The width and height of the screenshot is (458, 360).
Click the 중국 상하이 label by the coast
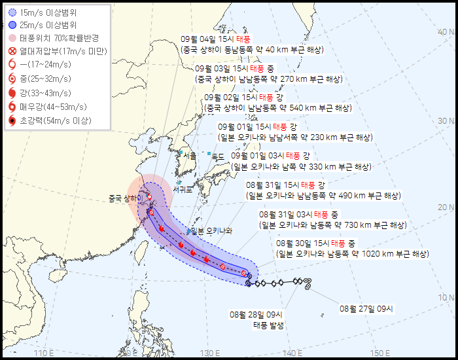[125, 198]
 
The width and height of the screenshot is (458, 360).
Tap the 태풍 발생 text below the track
[269, 325]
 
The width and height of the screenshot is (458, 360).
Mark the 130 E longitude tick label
[210, 353]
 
